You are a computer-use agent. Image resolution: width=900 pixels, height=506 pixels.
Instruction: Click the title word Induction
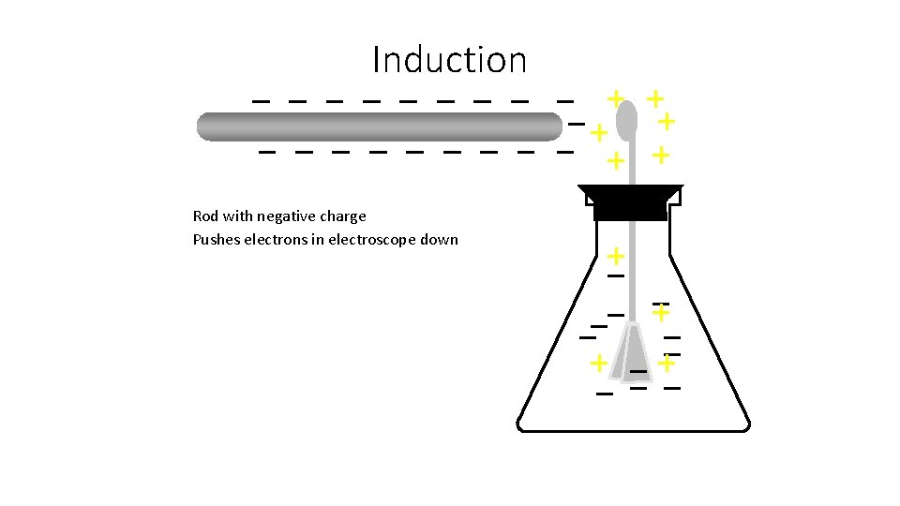click(449, 60)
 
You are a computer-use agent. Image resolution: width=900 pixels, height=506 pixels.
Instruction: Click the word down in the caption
click(440, 239)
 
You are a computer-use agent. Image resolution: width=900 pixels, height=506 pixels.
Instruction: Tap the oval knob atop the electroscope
click(626, 119)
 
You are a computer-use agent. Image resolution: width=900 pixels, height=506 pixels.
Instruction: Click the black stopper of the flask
click(630, 201)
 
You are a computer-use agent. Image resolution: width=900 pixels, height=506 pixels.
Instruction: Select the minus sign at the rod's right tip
click(576, 125)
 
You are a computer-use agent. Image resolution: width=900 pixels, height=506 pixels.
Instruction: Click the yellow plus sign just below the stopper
click(615, 255)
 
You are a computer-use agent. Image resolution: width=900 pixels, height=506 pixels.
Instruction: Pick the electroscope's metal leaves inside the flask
click(633, 351)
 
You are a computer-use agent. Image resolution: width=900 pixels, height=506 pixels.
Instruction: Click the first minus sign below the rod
click(267, 151)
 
